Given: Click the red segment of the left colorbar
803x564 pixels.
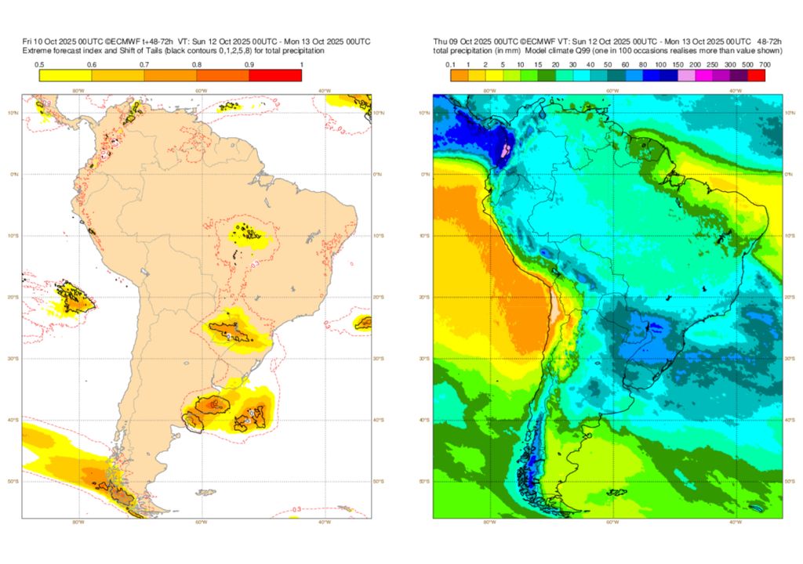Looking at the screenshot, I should (275, 76).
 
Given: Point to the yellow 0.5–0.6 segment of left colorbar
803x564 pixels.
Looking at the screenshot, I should (65, 76).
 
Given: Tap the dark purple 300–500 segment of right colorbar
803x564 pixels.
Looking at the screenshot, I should (739, 76).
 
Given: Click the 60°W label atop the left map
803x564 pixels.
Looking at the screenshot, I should (201, 91).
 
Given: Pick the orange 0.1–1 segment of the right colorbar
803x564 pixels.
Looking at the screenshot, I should (460, 76).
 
